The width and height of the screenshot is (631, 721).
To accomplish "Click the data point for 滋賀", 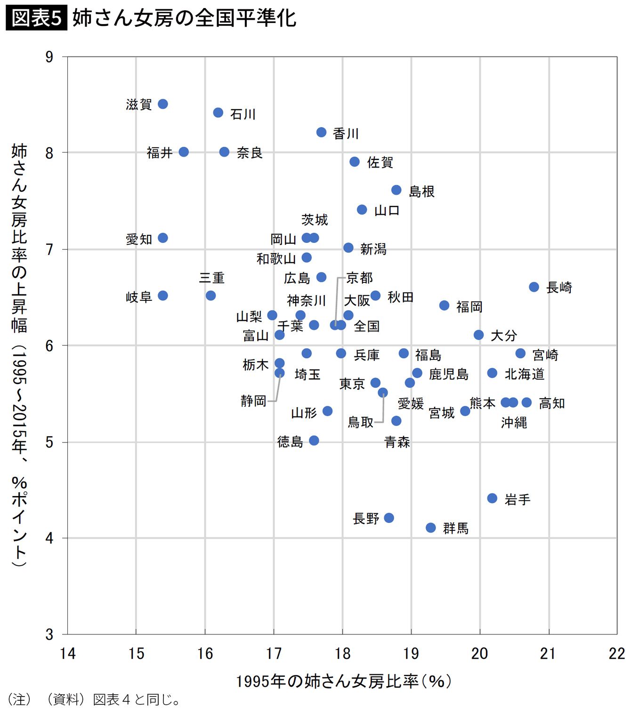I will coord(163,104).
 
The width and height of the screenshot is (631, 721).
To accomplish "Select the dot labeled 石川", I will coord(218,112).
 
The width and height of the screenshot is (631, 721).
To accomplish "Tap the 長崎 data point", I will coord(534,287).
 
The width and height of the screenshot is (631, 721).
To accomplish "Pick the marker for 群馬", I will coord(431,528).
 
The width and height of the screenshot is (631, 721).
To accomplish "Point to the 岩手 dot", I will coord(493,498).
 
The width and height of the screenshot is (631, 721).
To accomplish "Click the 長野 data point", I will coord(389,518).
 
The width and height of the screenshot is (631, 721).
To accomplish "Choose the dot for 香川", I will coord(322,132).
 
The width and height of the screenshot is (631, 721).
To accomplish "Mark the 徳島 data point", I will coord(314,441).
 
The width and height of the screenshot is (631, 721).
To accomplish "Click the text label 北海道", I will coord(525,374).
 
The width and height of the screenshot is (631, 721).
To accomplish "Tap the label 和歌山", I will coord(276,259).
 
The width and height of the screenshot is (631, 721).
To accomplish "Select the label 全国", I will coord(366,326).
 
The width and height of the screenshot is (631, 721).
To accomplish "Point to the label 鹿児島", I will coord(449,374).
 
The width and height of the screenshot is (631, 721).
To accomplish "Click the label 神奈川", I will coord(307,300).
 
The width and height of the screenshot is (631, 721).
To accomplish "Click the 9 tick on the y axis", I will coord(49,57).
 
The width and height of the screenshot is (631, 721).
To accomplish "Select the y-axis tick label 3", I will coord(49,634).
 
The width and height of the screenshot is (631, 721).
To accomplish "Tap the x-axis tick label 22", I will coord(616,654).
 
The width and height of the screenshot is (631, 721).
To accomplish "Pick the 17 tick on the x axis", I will coord(274,654).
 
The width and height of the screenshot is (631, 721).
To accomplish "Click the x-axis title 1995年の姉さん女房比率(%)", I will coord(343,681).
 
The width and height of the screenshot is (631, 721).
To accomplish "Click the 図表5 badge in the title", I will coord(36,18).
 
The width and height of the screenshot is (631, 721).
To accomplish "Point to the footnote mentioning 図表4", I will coord(94,700).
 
